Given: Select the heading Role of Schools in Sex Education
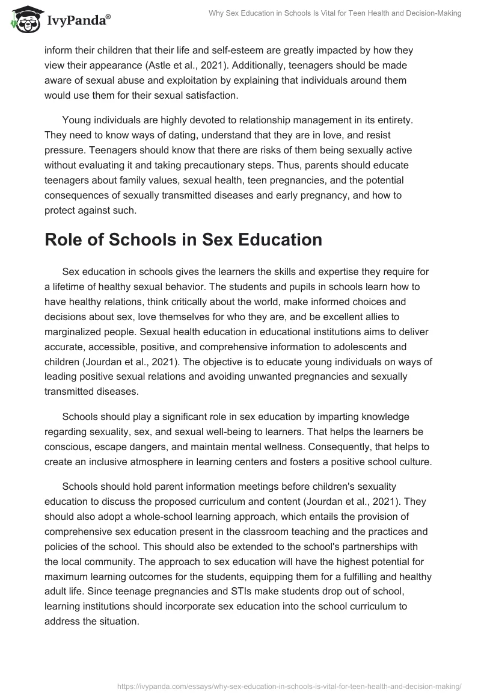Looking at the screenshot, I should coord(183,239).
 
